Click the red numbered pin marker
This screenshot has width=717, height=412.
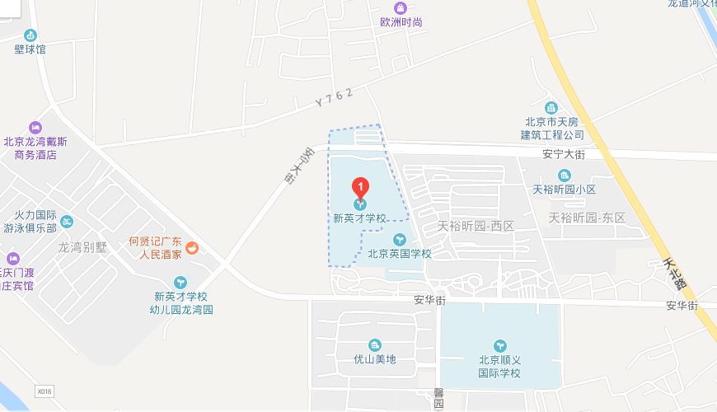(x=359, y=186)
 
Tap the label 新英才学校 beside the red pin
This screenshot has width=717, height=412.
(x=359, y=218)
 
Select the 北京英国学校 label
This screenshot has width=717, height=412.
(x=400, y=254)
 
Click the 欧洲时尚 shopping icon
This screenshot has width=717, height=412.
(x=401, y=7)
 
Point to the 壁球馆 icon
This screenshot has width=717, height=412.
(x=30, y=35)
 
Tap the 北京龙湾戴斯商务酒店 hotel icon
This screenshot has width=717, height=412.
(x=35, y=128)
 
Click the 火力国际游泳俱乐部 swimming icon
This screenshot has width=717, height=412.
(x=67, y=221)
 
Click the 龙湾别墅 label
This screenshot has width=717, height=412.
(x=82, y=246)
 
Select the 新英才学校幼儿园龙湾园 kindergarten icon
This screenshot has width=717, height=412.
(x=180, y=282)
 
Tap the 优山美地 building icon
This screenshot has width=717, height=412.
(x=375, y=344)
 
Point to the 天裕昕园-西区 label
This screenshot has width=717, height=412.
(x=476, y=226)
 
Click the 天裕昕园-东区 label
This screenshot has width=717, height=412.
(x=587, y=218)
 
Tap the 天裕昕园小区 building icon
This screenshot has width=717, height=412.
(x=564, y=175)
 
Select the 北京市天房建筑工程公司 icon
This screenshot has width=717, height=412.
(x=551, y=108)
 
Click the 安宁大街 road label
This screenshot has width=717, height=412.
(x=564, y=154)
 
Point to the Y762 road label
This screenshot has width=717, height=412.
(x=334, y=98)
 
